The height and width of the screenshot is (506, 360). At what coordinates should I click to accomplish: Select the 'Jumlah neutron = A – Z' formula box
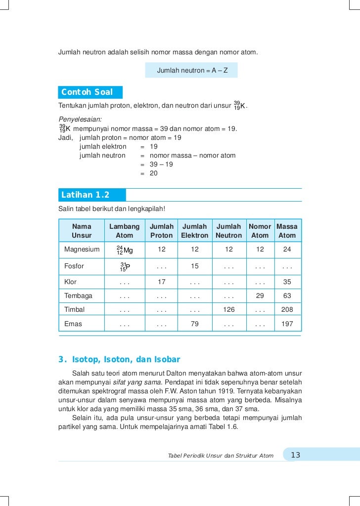[x=192, y=70]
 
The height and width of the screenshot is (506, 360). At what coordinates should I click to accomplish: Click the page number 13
[x=296, y=455]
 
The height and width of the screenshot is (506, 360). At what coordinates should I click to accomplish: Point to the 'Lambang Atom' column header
[x=124, y=231]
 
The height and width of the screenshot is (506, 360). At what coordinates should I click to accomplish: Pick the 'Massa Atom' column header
[x=287, y=231]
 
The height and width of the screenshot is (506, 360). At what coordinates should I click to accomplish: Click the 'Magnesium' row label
[x=82, y=250]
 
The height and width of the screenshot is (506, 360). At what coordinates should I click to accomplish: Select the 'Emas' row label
[x=73, y=324]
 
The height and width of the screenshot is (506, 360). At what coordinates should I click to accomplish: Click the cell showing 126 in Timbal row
[x=228, y=310]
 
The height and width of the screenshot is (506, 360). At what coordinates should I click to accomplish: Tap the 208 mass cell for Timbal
[x=287, y=310]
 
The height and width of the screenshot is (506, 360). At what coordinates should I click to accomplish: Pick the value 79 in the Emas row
[x=194, y=324]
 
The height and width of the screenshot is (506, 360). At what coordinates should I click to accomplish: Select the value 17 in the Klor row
[x=161, y=283]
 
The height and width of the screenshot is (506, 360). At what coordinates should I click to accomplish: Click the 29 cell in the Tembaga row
[x=260, y=296]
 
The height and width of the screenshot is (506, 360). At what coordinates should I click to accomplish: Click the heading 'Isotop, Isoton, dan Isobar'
[x=126, y=359]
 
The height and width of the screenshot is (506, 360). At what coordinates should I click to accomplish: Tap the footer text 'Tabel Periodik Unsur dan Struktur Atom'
[x=221, y=456]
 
